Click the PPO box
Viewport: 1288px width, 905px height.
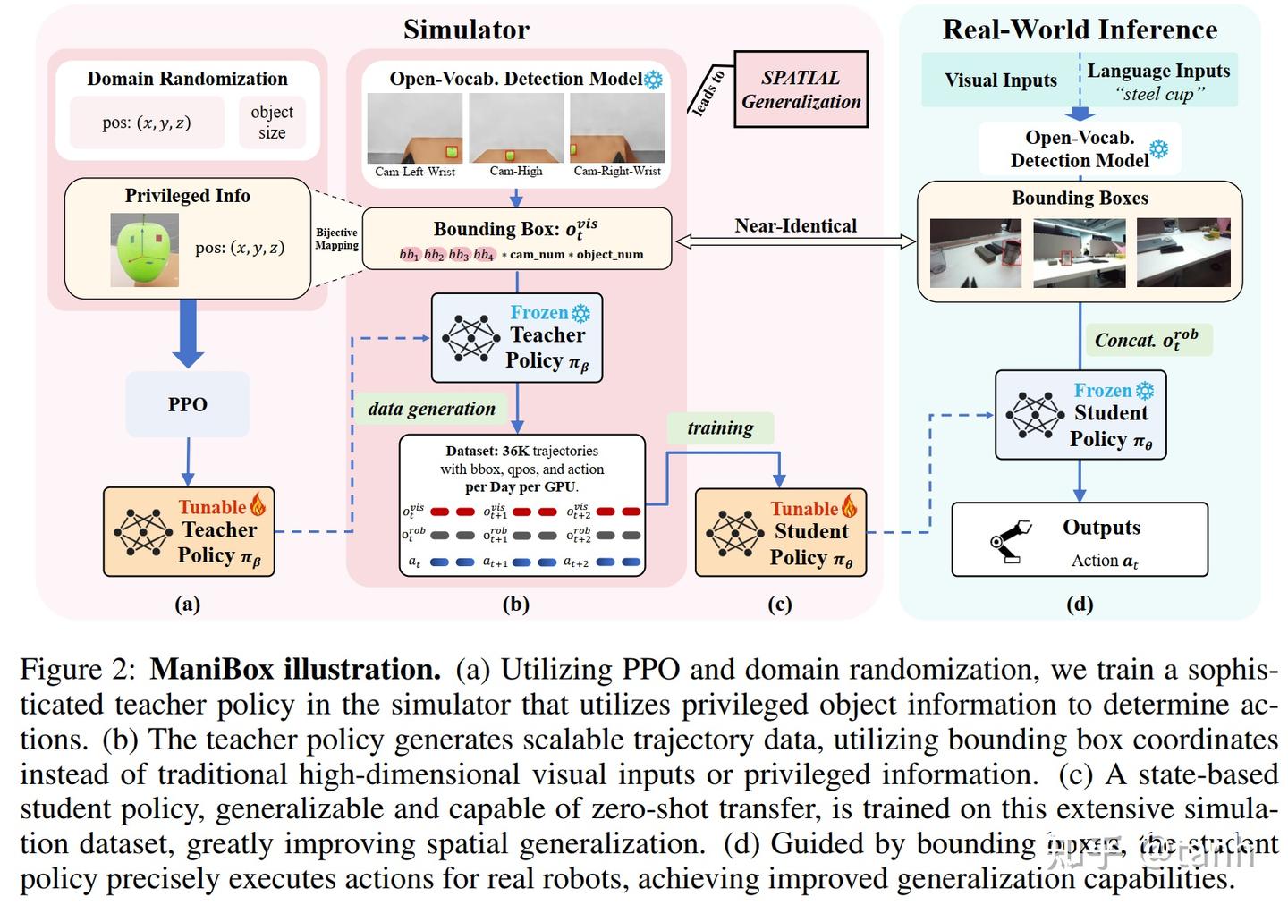point(187,404)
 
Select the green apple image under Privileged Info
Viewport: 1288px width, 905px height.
point(144,249)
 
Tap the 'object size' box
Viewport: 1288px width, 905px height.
point(272,123)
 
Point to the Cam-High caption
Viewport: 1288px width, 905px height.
point(516,172)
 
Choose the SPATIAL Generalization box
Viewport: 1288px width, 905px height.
point(801,89)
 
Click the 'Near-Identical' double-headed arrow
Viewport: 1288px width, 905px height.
point(795,241)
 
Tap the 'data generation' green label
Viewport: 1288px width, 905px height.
point(431,409)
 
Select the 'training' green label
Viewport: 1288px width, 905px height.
point(720,428)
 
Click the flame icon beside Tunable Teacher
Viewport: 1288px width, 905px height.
point(258,505)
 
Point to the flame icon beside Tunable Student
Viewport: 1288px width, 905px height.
point(849,507)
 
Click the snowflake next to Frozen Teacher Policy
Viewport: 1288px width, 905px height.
point(580,313)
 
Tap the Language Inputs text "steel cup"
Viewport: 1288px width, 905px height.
point(1159,94)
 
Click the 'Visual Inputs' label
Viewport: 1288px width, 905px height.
point(1000,80)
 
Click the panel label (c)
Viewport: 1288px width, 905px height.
point(779,605)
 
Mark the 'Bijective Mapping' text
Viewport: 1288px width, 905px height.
point(336,239)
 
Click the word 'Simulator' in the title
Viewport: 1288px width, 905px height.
point(466,30)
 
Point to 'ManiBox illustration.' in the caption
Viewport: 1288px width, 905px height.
point(295,669)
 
